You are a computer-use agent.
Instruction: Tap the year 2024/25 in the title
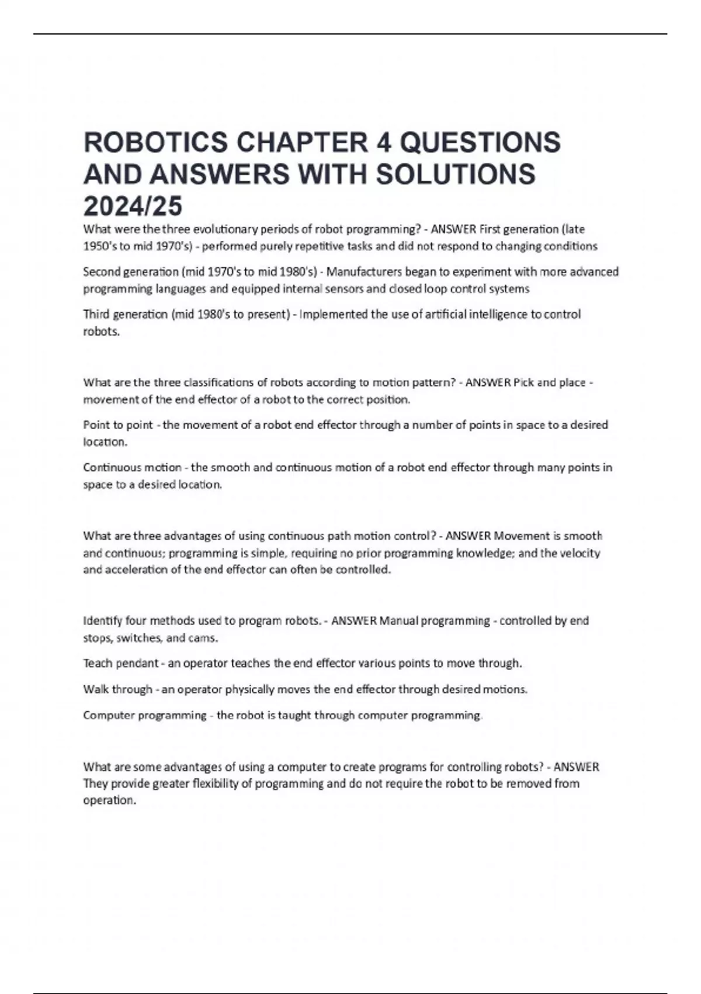(x=133, y=206)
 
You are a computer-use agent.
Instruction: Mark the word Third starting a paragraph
(x=96, y=315)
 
